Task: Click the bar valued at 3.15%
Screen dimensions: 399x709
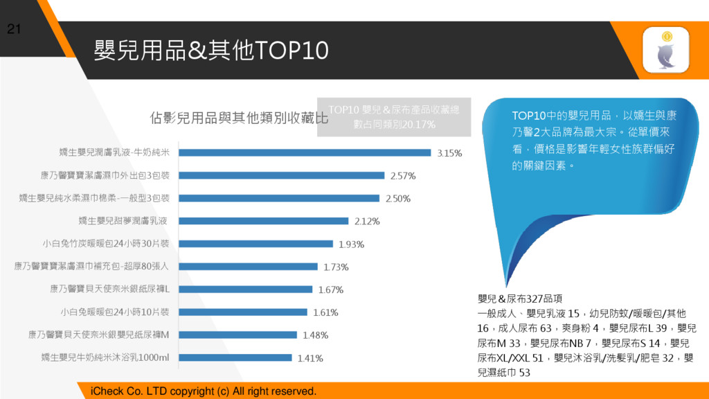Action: [305, 152]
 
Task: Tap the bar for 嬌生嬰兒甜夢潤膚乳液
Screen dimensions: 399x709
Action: [264, 221]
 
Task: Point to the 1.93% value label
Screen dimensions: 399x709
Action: [351, 244]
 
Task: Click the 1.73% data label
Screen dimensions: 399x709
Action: [336, 267]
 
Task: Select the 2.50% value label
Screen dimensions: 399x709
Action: [397, 198]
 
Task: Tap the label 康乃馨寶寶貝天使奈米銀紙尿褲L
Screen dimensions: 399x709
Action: [109, 289]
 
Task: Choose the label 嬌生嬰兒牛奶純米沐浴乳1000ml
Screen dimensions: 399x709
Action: [105, 357]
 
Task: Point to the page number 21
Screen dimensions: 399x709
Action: [14, 29]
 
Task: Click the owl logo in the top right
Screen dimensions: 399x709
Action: [665, 50]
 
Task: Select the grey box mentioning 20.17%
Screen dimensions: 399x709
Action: [394, 118]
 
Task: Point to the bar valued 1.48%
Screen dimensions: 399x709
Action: [239, 335]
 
